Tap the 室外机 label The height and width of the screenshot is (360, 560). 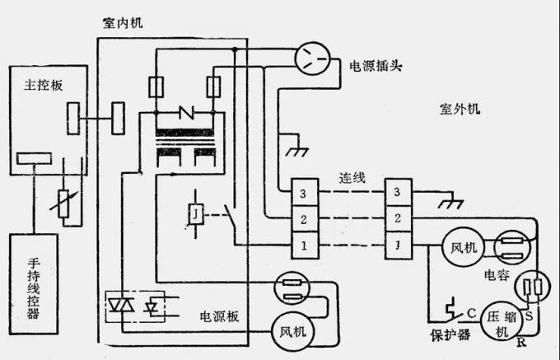point(462,109)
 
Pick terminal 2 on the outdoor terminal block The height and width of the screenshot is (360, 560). point(399,219)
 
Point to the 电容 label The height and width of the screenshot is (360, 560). point(497,272)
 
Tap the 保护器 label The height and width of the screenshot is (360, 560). point(446,335)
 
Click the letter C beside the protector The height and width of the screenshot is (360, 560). point(470,312)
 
